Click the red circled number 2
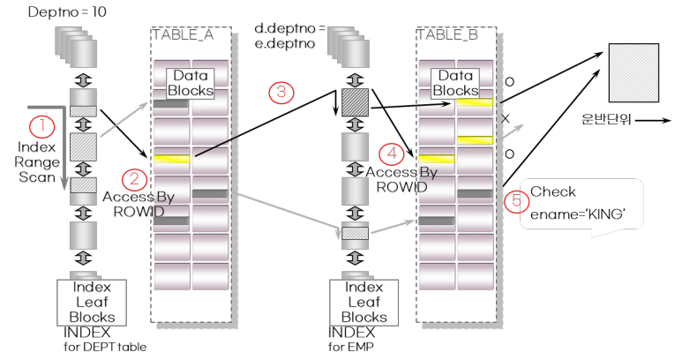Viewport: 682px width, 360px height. click(x=134, y=180)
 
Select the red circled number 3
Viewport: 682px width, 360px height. click(x=281, y=93)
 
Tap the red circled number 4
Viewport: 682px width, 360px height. click(x=391, y=154)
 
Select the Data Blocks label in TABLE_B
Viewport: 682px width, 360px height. click(x=456, y=83)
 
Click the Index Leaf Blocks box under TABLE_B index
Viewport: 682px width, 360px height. click(x=364, y=302)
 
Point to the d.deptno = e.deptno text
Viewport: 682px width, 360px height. click(x=290, y=36)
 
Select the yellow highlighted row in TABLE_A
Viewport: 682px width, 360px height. click(x=171, y=159)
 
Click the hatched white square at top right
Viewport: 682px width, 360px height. click(x=633, y=72)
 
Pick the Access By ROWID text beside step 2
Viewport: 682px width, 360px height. click(x=133, y=203)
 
